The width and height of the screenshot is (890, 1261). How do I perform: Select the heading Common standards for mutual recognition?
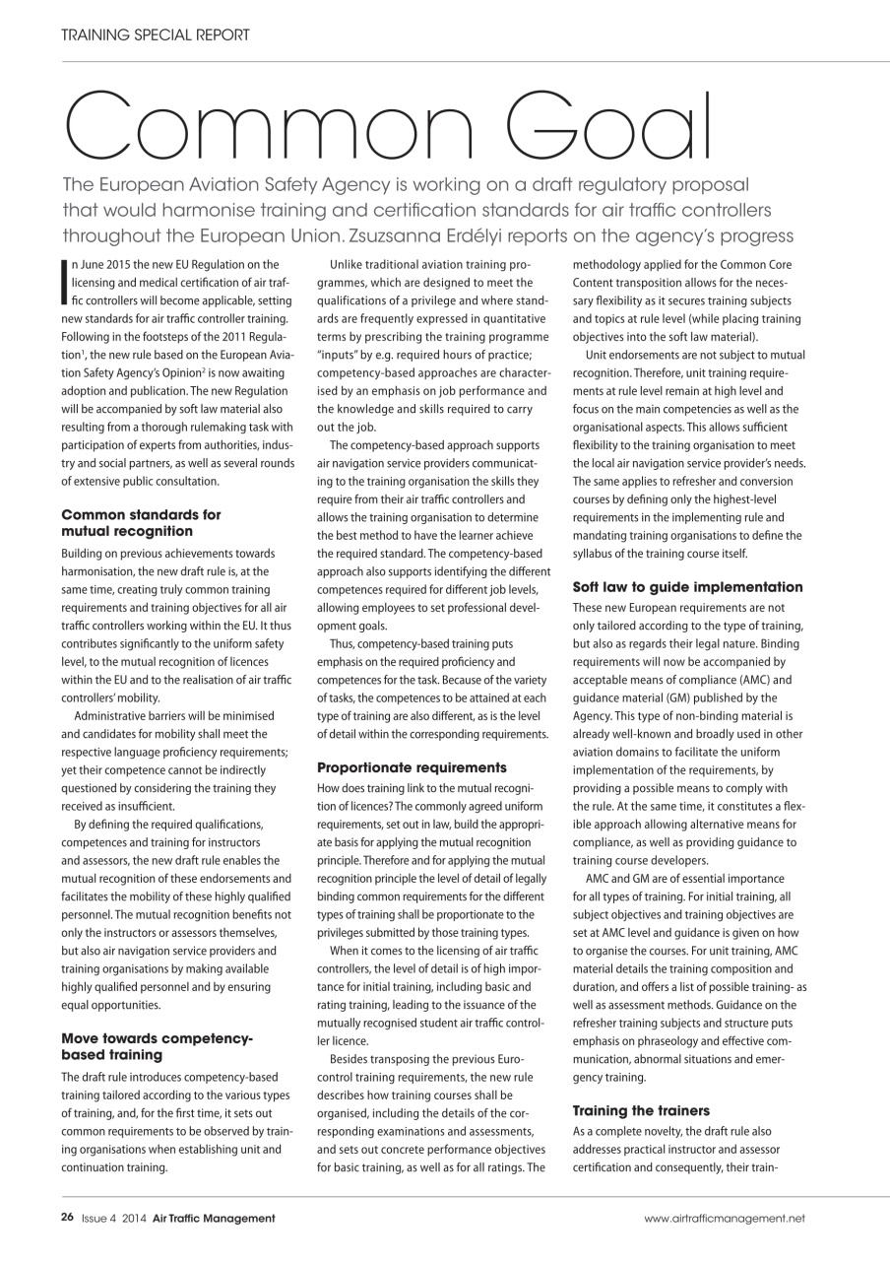point(141,522)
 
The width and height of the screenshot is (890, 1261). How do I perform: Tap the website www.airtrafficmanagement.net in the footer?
point(725,1219)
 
